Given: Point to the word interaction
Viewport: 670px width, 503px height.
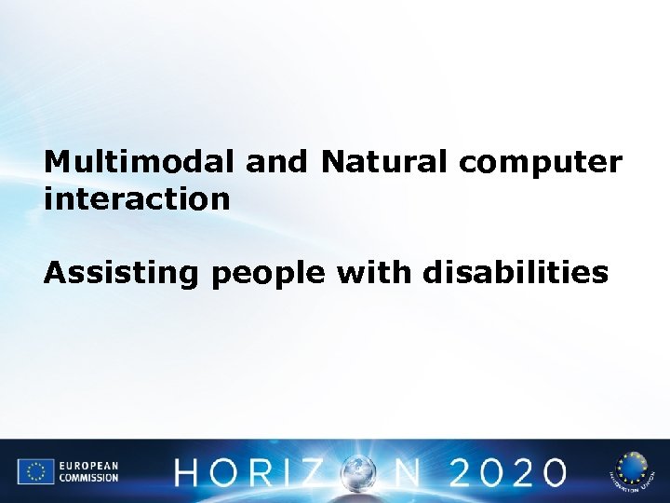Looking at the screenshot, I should coord(137,197).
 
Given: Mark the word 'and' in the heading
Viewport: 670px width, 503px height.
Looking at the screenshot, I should coord(276,162).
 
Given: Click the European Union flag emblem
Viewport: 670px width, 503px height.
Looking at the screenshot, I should coord(36,471).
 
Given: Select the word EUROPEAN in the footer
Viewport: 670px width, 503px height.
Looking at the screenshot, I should coord(88,465).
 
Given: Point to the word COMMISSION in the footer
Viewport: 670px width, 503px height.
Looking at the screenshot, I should coord(90,478).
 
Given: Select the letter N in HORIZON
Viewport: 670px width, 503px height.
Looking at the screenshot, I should coord(404,472).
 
